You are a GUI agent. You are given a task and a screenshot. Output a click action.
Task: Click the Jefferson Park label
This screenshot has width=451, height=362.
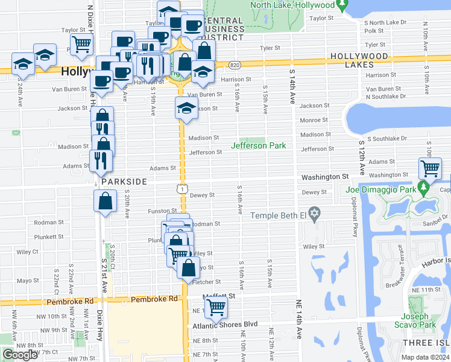click(259, 145)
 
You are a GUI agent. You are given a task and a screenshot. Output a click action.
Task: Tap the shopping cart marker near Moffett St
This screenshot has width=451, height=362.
click(216, 306)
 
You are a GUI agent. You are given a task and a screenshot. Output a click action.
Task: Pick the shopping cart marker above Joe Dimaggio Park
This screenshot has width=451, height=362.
click(430, 168)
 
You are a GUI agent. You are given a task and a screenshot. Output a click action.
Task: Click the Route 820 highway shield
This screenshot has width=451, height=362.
click(235, 65)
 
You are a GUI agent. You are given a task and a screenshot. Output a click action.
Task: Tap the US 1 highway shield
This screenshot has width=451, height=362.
click(181, 189)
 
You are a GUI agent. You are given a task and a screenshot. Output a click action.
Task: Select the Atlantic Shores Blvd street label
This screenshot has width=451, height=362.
click(225, 325)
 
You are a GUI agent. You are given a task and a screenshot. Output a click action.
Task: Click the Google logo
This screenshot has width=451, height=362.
click(20, 355)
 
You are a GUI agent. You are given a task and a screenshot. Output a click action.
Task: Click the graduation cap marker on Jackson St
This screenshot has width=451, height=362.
click(186, 109)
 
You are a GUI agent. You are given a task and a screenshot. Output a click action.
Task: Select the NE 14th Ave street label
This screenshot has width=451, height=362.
click(298, 319)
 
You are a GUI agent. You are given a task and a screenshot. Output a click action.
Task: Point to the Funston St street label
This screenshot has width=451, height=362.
click(161, 211)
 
